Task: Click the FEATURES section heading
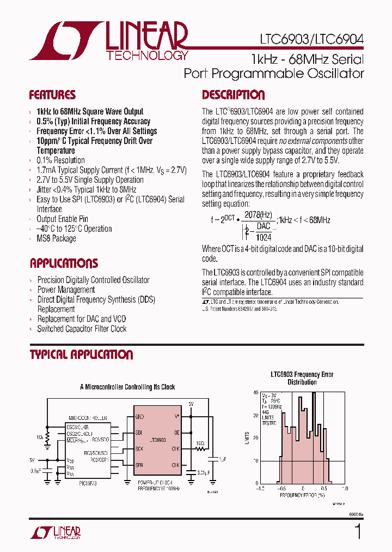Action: (52, 95)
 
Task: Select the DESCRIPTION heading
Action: (233, 95)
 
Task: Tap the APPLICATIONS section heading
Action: (64, 263)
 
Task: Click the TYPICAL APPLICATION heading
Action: (81, 355)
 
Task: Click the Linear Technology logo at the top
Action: (109, 41)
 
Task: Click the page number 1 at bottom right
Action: (358, 531)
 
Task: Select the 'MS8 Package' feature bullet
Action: (56, 239)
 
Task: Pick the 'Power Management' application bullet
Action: (66, 290)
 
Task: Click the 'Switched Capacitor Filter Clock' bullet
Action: (82, 329)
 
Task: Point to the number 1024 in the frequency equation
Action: (264, 237)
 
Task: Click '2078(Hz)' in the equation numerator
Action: (258, 215)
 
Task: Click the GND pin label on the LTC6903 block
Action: (140, 417)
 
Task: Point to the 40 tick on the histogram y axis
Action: (255, 392)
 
